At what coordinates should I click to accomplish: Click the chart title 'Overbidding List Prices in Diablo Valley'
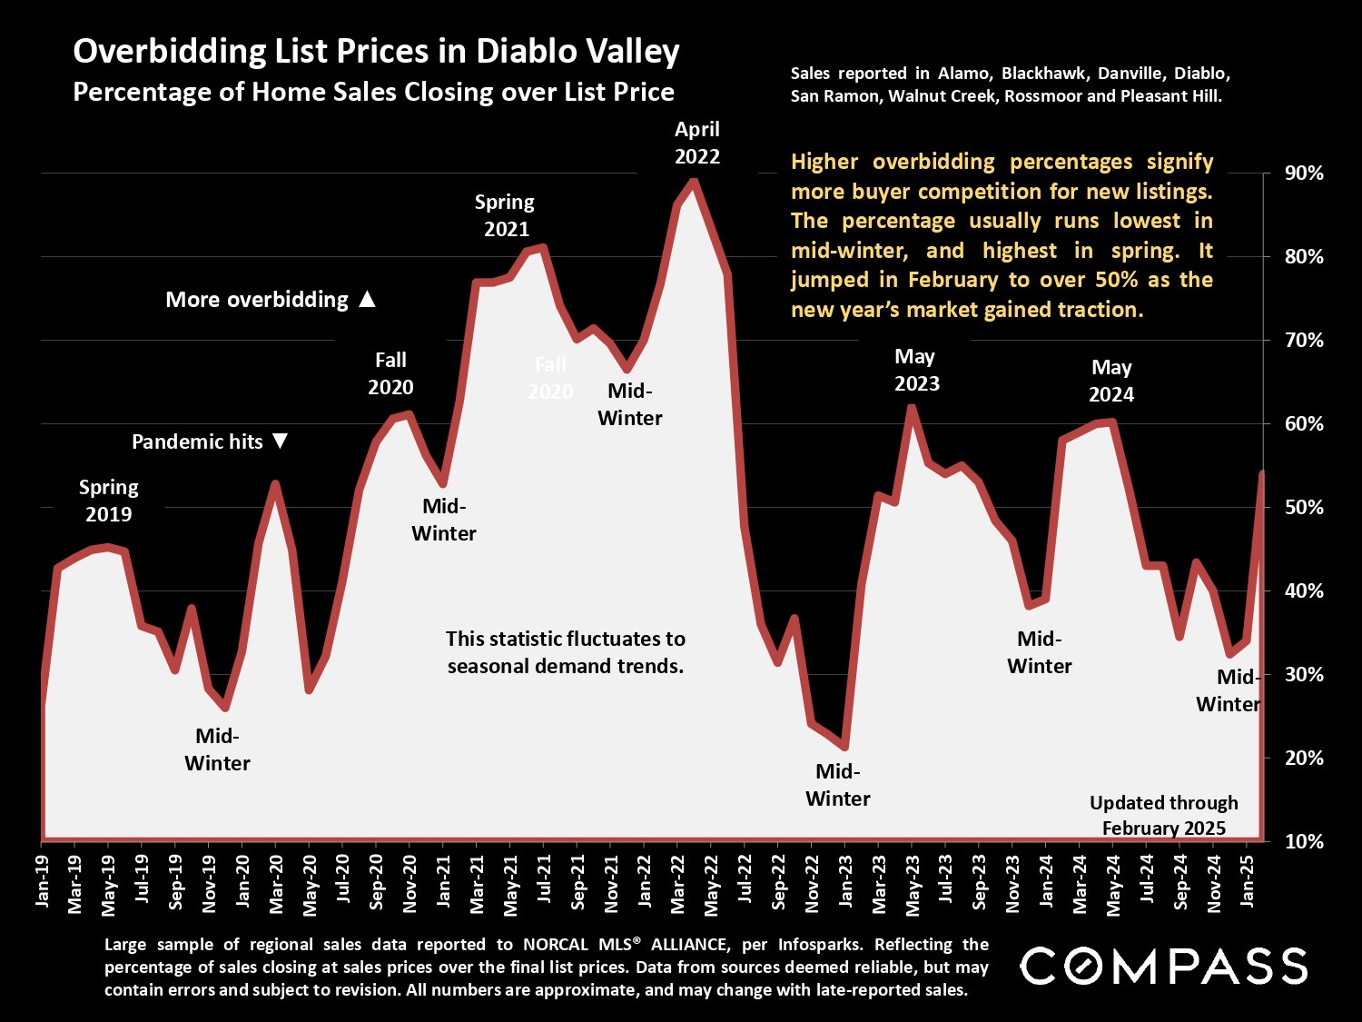[x=376, y=52]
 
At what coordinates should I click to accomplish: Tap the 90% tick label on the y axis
[x=1304, y=174]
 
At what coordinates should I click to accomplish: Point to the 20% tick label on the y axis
[x=1304, y=758]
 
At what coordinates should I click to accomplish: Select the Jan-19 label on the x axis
[x=42, y=880]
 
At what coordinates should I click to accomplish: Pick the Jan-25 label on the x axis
[x=1248, y=880]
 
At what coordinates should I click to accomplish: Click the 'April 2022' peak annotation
[x=696, y=143]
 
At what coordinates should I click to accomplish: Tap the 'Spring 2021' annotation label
[x=505, y=215]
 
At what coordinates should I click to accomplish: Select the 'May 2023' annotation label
[x=915, y=370]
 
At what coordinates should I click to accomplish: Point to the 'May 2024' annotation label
[x=1111, y=381]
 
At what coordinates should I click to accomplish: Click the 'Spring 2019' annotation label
[x=108, y=501]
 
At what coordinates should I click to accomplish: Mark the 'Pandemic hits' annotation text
[x=197, y=442]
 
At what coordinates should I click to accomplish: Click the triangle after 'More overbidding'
[x=367, y=299]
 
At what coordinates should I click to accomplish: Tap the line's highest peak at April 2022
[x=694, y=182]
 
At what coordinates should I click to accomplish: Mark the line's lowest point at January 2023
[x=844, y=747]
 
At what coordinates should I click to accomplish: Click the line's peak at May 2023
[x=912, y=408]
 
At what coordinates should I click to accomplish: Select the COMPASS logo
[x=1163, y=966]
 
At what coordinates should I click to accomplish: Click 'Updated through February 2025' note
[x=1163, y=815]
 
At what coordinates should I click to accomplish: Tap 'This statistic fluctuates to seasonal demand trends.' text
[x=565, y=652]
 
